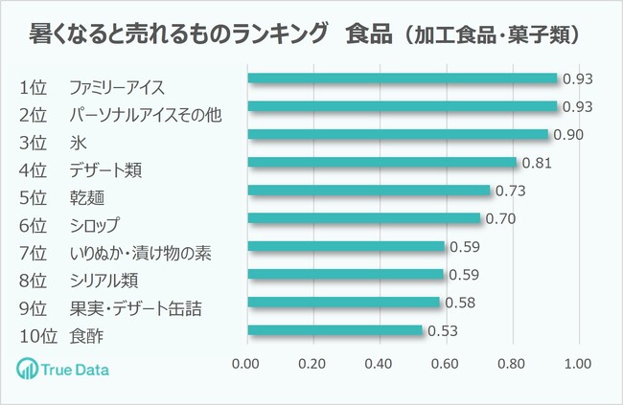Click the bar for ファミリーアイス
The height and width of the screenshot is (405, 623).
click(x=403, y=79)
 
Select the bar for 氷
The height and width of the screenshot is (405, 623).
click(x=398, y=135)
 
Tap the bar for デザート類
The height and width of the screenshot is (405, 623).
click(x=382, y=163)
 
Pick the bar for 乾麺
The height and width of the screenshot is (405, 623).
click(x=369, y=191)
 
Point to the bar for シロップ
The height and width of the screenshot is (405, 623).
click(x=364, y=218)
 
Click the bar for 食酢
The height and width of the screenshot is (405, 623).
click(x=335, y=330)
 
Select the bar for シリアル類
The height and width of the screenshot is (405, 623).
click(x=346, y=275)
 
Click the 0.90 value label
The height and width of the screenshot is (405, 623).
click(x=569, y=135)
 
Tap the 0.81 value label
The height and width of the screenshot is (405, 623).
click(x=538, y=163)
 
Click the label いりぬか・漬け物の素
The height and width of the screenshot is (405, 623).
click(x=140, y=254)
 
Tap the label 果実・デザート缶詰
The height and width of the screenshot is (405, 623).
click(x=135, y=309)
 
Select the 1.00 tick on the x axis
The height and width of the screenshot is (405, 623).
click(x=579, y=365)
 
